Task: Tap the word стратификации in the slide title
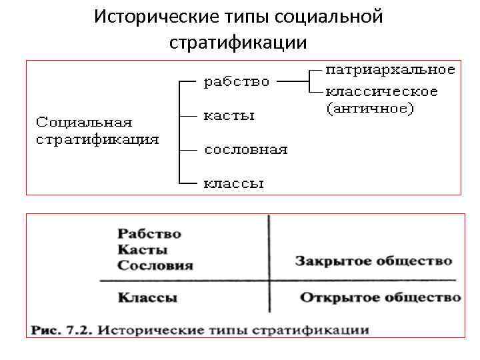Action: tap(239, 43)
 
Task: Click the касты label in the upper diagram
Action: tap(229, 115)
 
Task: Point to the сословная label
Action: tap(245, 149)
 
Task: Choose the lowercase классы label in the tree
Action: tap(233, 182)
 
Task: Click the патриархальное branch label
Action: tap(391, 69)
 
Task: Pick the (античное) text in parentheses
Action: tap(370, 107)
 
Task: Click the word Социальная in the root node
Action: tap(83, 123)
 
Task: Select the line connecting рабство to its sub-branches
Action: tap(292, 82)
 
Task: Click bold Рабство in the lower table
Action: tap(149, 234)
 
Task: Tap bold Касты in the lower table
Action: tap(142, 250)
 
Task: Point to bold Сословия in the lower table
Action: tap(155, 265)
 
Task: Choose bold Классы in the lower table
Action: tap(147, 298)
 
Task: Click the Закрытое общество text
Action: tap(373, 261)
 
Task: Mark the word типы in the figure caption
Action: tap(223, 329)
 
